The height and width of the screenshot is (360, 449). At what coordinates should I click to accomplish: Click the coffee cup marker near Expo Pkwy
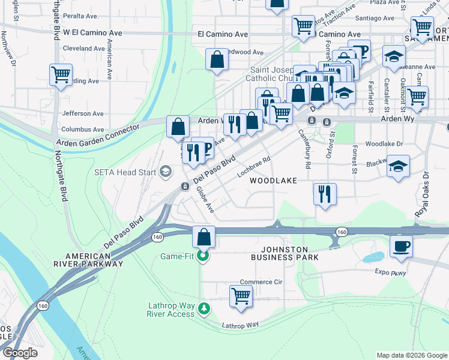click(x=401, y=246)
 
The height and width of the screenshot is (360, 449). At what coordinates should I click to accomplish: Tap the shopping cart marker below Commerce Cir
click(x=241, y=296)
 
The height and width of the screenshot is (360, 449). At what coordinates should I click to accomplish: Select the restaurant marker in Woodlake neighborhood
click(x=325, y=194)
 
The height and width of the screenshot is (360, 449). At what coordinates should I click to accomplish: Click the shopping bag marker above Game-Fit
click(x=204, y=236)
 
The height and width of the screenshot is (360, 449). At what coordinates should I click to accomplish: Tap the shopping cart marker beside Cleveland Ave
click(x=61, y=74)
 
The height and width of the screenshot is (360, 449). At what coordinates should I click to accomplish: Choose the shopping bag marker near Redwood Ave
click(x=217, y=59)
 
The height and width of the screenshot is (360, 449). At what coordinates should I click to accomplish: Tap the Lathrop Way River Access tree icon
click(x=205, y=308)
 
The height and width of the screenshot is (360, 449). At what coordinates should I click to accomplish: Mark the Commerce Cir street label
click(x=261, y=282)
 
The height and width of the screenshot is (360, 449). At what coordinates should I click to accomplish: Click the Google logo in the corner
click(x=20, y=353)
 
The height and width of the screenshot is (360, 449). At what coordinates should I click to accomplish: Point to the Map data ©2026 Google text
click(x=411, y=355)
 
